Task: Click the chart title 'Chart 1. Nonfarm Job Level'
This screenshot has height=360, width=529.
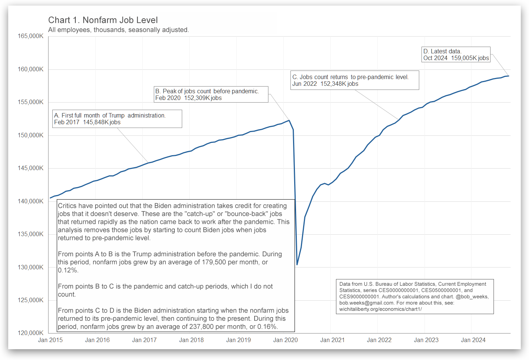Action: (x=103, y=20)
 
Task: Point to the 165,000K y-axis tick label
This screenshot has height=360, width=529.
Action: (x=31, y=36)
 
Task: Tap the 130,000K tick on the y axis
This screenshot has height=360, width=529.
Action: (x=31, y=267)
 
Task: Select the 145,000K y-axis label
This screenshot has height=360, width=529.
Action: (x=31, y=168)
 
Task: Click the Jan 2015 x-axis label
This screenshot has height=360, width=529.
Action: (x=50, y=340)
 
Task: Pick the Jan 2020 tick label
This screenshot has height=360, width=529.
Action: (x=286, y=340)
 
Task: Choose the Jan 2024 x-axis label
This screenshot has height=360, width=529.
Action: (x=473, y=340)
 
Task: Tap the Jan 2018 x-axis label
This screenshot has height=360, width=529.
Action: (x=192, y=340)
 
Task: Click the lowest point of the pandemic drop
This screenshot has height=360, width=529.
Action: (x=297, y=264)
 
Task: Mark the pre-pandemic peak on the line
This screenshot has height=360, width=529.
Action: (x=289, y=120)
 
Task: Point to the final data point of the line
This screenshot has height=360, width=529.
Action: (x=508, y=76)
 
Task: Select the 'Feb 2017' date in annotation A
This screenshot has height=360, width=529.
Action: (x=67, y=122)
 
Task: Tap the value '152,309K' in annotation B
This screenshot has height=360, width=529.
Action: (x=197, y=98)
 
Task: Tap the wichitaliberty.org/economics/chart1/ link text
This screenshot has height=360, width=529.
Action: (x=380, y=309)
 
